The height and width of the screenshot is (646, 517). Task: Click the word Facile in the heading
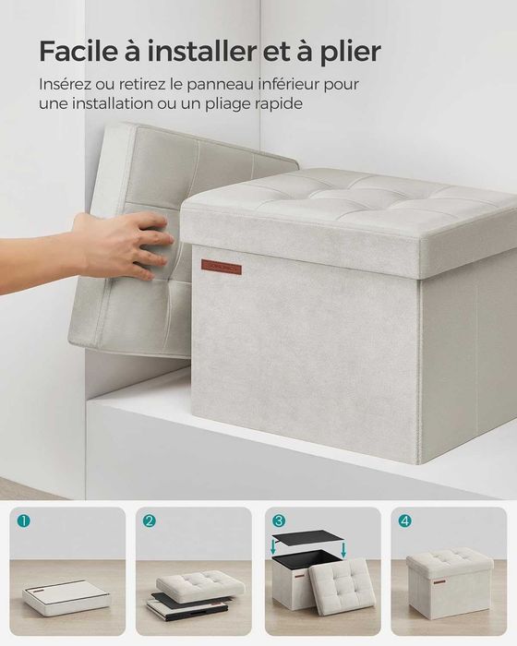click(77, 51)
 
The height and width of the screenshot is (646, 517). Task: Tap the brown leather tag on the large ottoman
click(222, 267)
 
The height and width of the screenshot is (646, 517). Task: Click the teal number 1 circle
click(23, 521)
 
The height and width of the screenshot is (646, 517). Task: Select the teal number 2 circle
click(150, 521)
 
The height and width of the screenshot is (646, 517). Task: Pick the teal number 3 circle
click(279, 521)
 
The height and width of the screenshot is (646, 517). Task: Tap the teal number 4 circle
click(405, 521)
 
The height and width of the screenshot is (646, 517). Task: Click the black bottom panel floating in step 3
click(308, 538)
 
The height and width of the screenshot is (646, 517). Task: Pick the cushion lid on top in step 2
click(200, 584)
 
